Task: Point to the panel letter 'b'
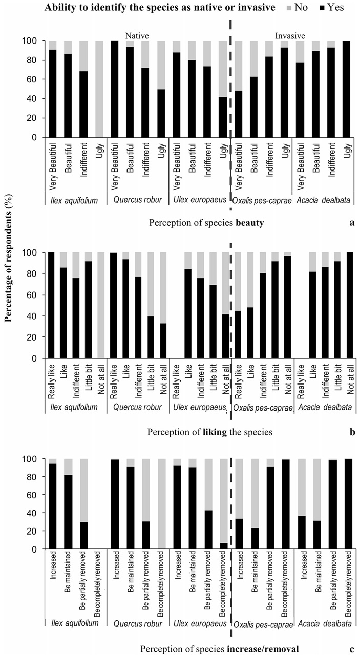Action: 352,432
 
